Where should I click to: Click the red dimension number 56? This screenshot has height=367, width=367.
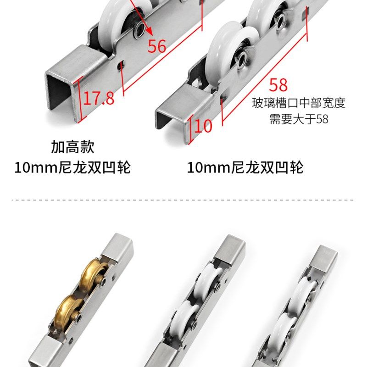tap(157, 46)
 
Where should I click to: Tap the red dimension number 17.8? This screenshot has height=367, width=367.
tap(98, 98)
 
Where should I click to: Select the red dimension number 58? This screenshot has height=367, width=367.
tap(278, 85)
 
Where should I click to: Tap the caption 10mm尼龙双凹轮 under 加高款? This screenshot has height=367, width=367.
tap(72, 167)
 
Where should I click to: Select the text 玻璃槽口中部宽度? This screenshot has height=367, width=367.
tap(299, 103)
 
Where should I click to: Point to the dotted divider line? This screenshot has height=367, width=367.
tap(183, 200)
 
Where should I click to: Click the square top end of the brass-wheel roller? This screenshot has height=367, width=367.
tap(117, 244)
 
